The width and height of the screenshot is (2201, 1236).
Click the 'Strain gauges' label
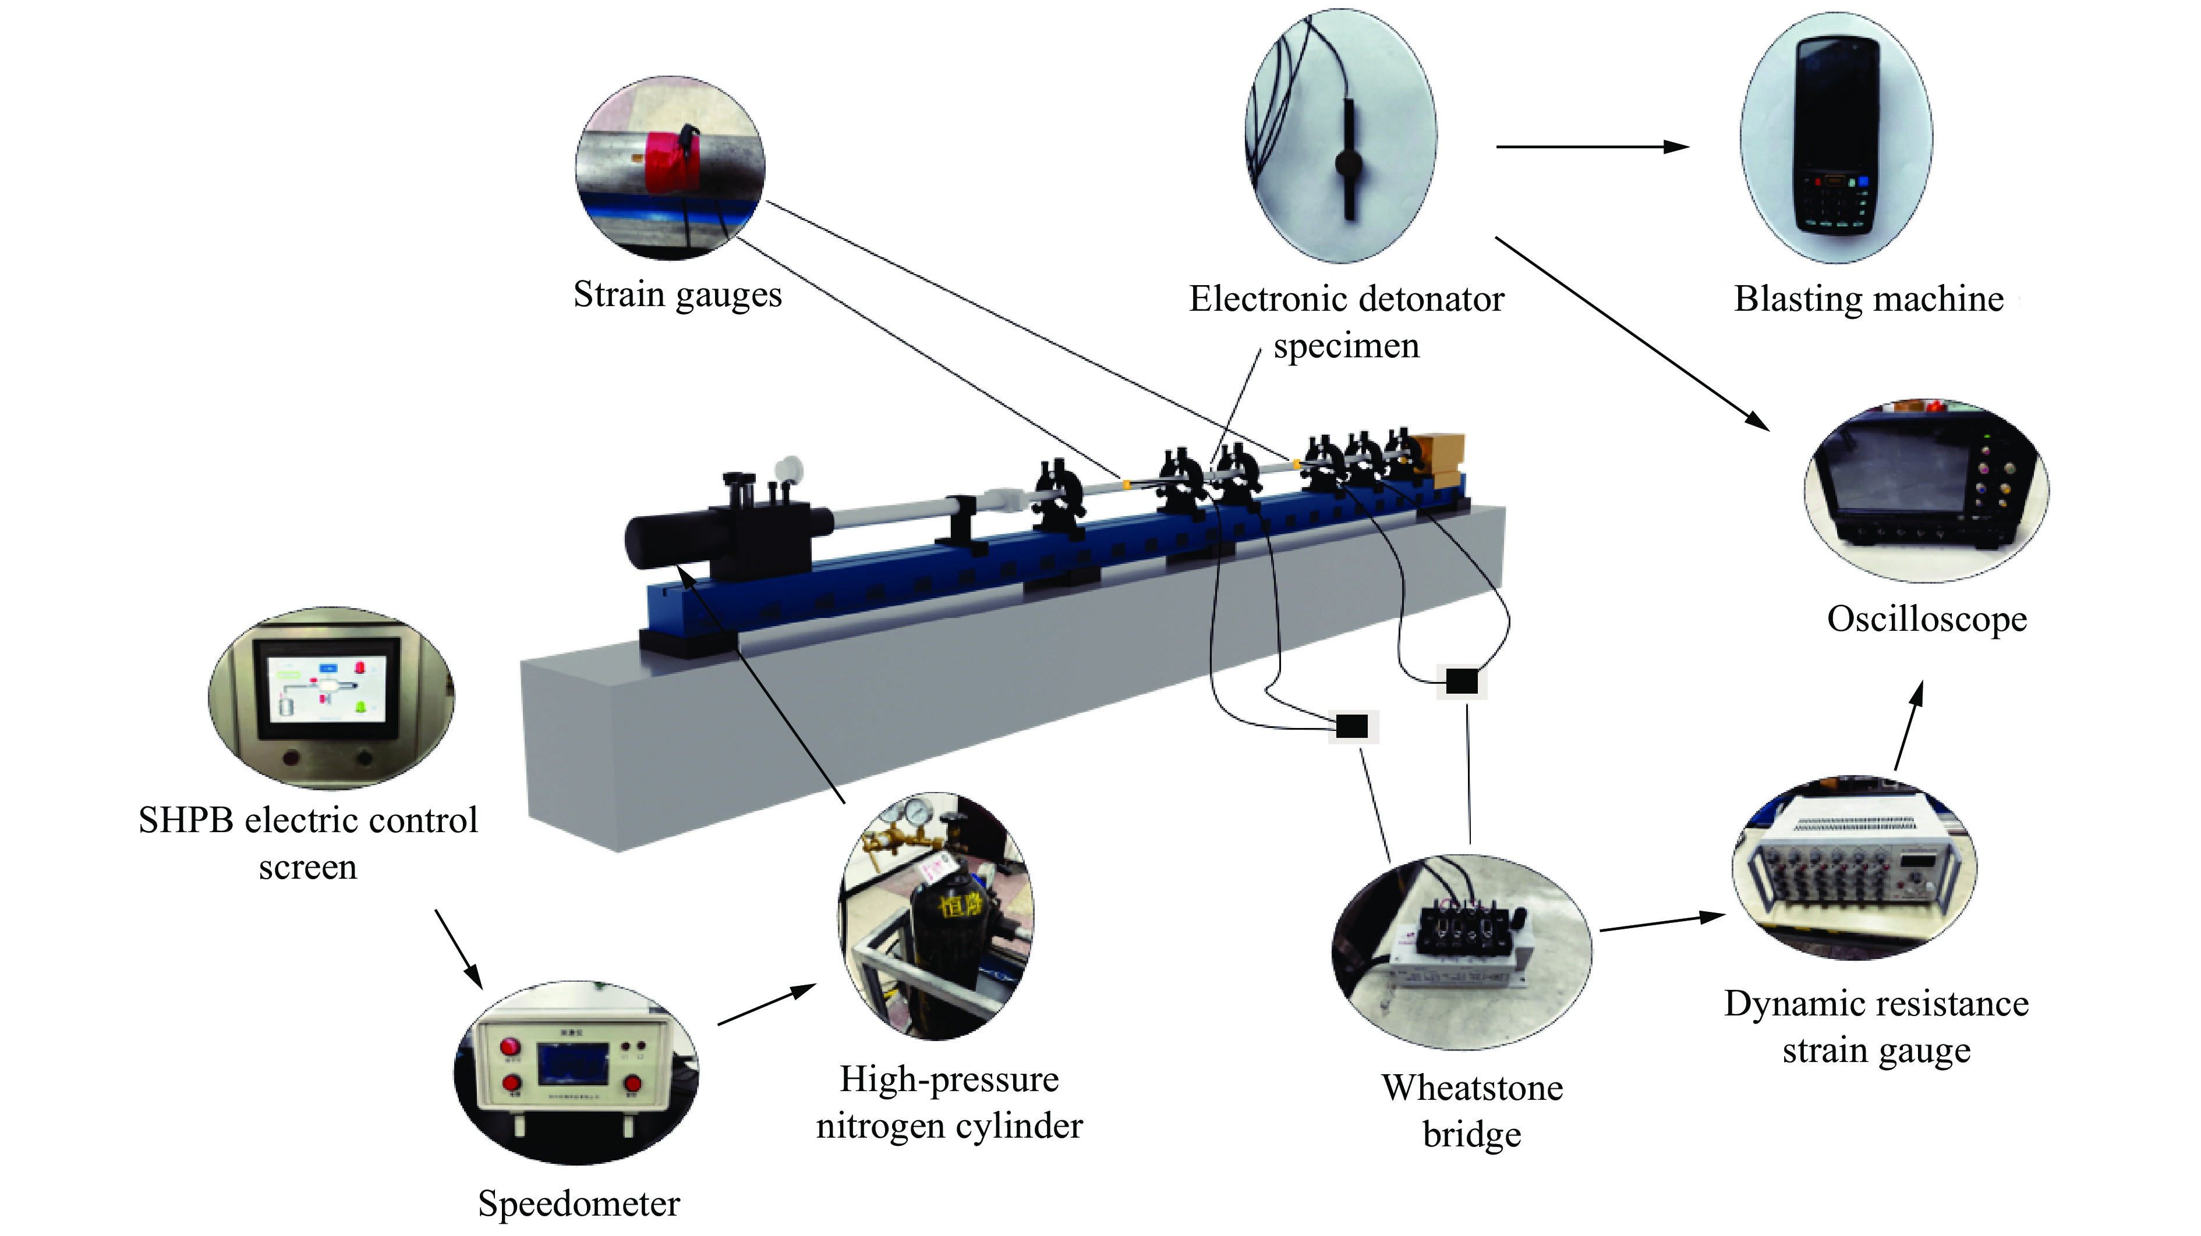[x=677, y=294]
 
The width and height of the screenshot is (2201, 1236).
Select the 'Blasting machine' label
[x=1869, y=299]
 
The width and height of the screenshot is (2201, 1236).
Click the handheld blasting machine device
[x=1837, y=137]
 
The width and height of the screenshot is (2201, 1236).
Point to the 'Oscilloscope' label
[x=1927, y=619]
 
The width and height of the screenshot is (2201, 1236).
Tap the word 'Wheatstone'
[x=1472, y=1088]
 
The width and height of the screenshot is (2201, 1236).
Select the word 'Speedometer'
[x=578, y=1203]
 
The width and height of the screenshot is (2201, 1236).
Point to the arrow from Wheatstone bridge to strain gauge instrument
[x=1661, y=922]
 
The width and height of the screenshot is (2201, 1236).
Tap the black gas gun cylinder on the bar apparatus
[x=675, y=537]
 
